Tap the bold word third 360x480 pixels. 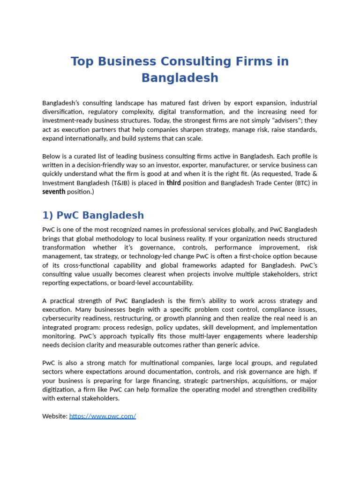point(173,183)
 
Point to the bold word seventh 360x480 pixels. point(53,192)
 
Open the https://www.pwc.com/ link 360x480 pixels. point(103,416)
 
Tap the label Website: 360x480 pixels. point(55,416)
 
